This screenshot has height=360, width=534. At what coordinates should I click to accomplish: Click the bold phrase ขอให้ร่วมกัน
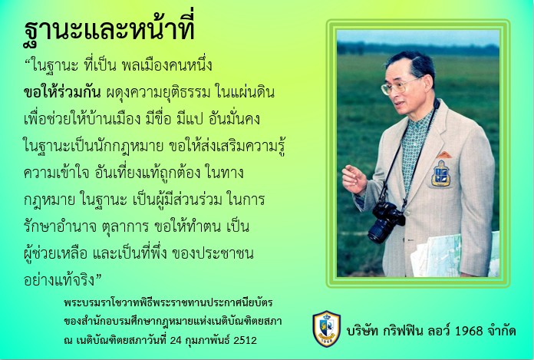(57, 93)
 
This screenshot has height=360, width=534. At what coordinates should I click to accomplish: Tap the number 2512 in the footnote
(244, 339)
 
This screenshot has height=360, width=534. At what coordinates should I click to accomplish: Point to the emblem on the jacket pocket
(441, 173)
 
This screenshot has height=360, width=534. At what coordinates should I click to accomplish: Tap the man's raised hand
(354, 180)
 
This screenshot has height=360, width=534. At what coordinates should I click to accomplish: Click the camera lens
(378, 230)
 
